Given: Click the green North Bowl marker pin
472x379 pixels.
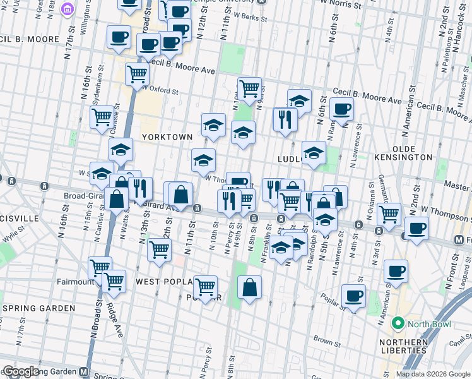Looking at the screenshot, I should [x=398, y=324].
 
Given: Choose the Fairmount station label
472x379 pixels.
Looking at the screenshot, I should [x=75, y=282].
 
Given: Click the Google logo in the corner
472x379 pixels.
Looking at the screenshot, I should [x=20, y=371].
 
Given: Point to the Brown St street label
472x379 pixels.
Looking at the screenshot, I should [x=327, y=340].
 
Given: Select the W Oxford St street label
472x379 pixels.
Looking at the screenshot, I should [x=156, y=90].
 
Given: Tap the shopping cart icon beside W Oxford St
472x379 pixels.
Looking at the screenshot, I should [x=137, y=74].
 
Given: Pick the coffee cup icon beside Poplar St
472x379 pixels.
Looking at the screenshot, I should [x=353, y=296].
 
